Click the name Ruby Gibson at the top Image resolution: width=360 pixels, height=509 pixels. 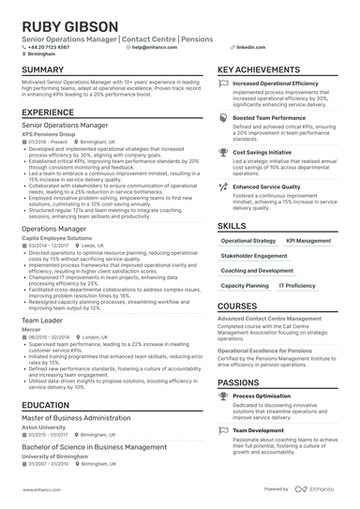(70, 25)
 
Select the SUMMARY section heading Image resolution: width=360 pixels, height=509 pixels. (42, 70)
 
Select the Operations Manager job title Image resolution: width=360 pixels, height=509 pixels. (53, 229)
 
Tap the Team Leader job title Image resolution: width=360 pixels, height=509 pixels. (42, 321)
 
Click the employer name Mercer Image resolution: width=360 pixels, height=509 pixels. (31, 330)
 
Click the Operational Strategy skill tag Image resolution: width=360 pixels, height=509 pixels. (248, 241)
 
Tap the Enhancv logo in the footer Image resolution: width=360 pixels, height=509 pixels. (318, 489)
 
